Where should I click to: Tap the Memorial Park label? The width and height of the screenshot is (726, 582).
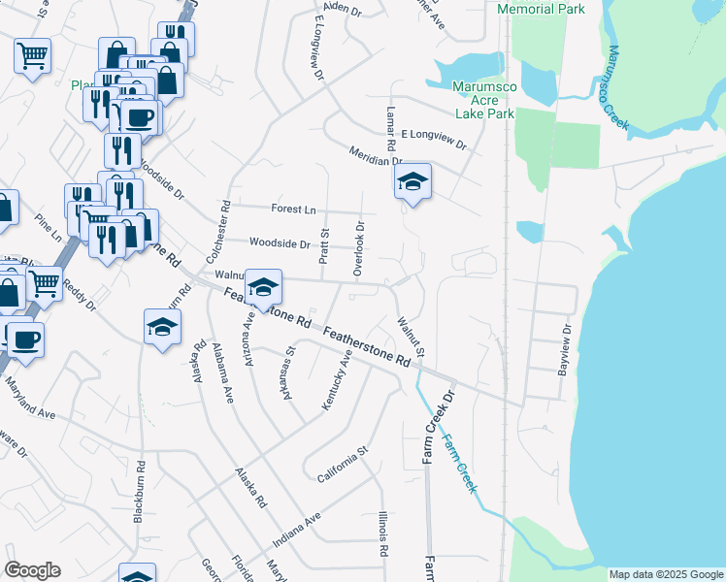click(x=541, y=9)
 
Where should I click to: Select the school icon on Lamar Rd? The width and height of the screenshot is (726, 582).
click(x=412, y=181)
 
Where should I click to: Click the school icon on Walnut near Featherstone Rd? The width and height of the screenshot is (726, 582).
click(x=263, y=287)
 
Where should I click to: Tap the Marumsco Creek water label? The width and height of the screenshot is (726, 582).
click(x=617, y=87)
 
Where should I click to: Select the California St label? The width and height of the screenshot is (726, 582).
click(x=344, y=464)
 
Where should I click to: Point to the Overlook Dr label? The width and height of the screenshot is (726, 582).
click(x=359, y=249)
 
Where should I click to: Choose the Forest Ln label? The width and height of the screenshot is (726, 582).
click(x=294, y=209)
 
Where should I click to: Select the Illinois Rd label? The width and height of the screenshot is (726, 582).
click(x=384, y=533)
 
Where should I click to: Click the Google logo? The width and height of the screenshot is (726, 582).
click(x=32, y=570)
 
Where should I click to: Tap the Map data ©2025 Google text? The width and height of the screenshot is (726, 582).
click(x=665, y=574)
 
